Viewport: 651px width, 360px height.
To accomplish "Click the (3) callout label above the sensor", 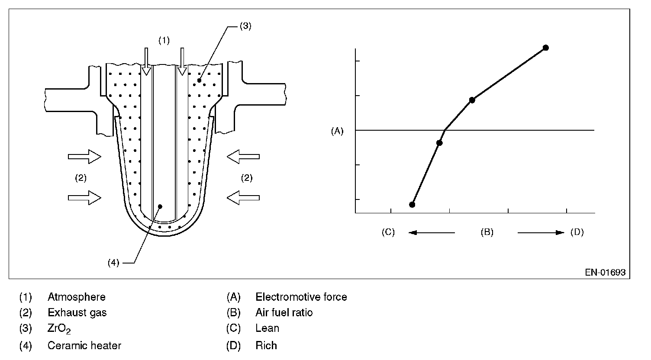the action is [x=245, y=26].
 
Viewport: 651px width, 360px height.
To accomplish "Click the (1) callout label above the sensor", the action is [x=164, y=40].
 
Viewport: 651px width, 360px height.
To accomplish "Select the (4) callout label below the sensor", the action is [x=113, y=263].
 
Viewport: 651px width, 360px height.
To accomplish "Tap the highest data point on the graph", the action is [x=546, y=48].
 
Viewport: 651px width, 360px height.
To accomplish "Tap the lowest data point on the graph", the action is [x=412, y=205].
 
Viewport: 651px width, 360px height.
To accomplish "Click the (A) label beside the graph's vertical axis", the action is [x=337, y=132].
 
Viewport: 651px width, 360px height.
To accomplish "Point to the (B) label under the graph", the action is [x=487, y=232].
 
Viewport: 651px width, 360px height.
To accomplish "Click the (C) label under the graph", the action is [x=388, y=232].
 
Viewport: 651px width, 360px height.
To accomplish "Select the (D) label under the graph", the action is [x=577, y=232].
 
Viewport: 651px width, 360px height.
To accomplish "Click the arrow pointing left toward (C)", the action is [x=432, y=232].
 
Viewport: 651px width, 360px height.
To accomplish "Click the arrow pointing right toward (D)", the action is [x=541, y=232].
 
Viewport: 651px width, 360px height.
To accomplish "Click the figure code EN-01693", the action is [x=606, y=272].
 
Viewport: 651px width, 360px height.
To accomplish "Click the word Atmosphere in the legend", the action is [x=77, y=297].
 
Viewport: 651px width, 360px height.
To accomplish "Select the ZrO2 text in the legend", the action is [x=59, y=329].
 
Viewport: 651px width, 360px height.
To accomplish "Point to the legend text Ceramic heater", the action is [x=84, y=345].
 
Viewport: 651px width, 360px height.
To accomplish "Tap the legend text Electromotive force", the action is [x=301, y=297].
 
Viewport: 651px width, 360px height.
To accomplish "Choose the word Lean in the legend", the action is [x=267, y=328].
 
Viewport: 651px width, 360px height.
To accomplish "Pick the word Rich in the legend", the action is [x=266, y=345].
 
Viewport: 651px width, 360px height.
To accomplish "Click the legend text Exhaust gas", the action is [x=77, y=313].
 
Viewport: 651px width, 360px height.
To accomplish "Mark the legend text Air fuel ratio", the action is [x=284, y=313].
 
